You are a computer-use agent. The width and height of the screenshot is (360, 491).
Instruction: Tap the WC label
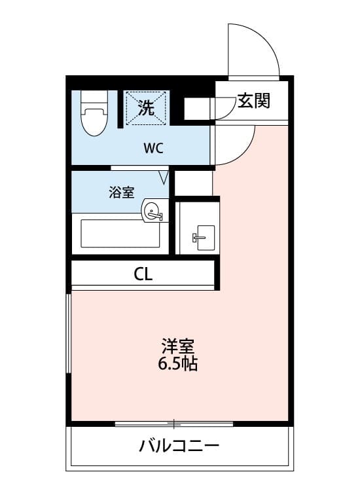153,147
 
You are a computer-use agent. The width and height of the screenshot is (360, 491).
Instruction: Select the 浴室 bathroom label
122,192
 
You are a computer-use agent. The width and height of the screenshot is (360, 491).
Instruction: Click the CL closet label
143,274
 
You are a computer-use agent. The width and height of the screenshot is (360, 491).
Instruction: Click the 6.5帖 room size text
177,364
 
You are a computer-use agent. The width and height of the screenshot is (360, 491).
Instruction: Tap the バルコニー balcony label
179,447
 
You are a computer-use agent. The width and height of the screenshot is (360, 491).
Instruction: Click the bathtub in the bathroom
120,234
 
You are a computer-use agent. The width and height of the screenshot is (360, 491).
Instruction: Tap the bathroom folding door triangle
164,177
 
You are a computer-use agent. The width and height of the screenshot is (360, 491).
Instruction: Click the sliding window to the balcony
174,424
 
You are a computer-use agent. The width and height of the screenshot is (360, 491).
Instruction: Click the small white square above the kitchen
194,183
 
